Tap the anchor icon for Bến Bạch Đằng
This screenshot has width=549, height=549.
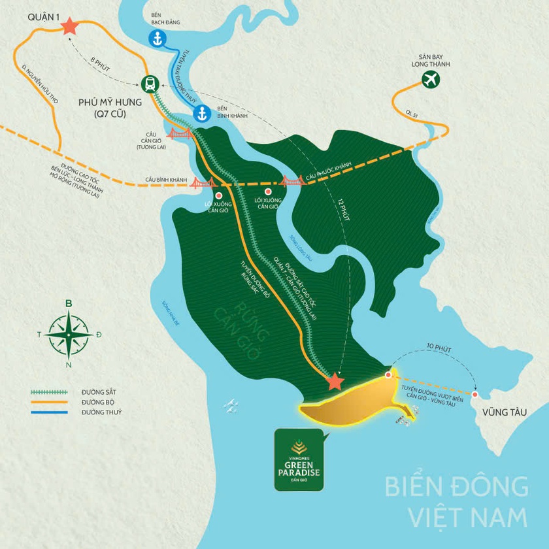pyautogui.click(x=157, y=39)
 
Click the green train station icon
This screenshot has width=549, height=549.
pyautogui.click(x=150, y=84)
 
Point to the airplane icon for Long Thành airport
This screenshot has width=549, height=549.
pyautogui.click(x=431, y=80)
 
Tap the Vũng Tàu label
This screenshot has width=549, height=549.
pyautogui.click(x=501, y=412)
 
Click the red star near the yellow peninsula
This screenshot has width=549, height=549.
pyautogui.click(x=335, y=380)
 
